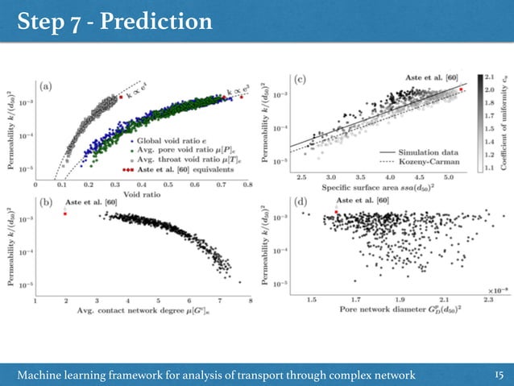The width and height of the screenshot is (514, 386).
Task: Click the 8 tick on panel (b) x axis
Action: tap(250, 301)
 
